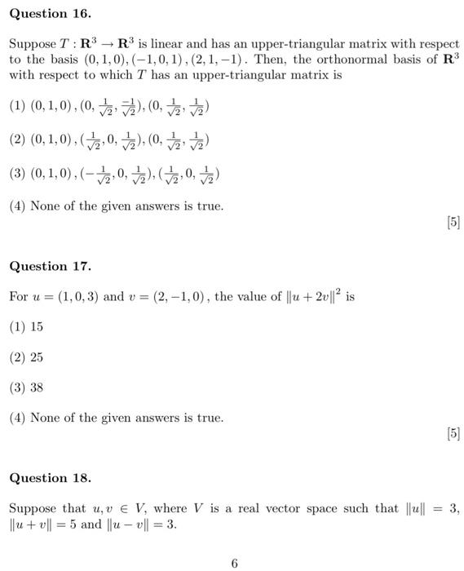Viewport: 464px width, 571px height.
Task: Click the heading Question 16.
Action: pos(50,14)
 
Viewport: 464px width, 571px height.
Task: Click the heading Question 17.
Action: pos(50,266)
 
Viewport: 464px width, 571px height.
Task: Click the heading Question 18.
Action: pos(50,478)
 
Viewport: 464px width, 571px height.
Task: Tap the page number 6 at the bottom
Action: pos(234,563)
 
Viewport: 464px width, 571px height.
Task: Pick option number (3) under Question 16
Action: pos(17,174)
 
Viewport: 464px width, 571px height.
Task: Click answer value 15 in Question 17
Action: pos(37,327)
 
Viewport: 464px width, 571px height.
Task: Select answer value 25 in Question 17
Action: pos(37,357)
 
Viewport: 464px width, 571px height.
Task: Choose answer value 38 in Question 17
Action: pos(37,387)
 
